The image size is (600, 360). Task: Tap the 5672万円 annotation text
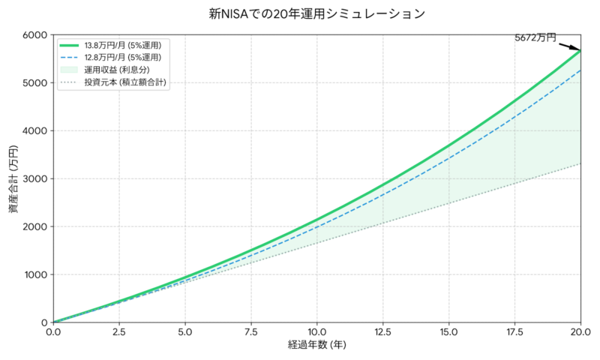(535, 37)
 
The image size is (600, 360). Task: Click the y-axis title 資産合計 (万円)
(13, 178)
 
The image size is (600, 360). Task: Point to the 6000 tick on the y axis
(34, 34)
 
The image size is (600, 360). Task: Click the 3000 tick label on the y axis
(34, 178)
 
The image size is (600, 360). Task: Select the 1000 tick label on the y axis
(34, 274)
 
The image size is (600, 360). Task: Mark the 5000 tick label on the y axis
(34, 82)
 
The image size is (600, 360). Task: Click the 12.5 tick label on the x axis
(382, 331)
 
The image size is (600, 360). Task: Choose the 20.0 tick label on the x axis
(580, 331)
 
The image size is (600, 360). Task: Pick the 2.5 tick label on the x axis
(118, 331)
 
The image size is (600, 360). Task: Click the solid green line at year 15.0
(448, 145)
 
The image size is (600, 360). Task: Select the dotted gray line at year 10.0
(316, 243)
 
